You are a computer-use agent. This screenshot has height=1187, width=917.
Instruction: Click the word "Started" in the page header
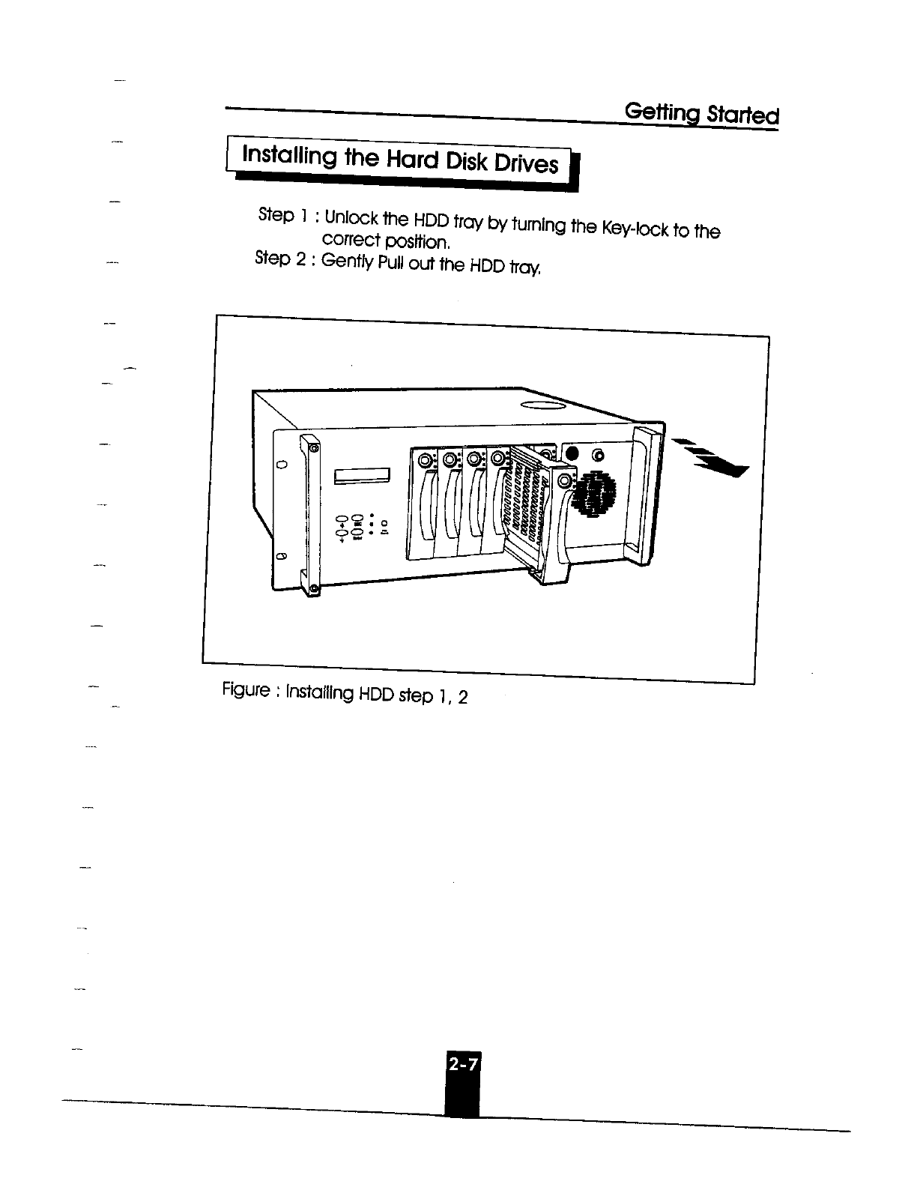click(739, 115)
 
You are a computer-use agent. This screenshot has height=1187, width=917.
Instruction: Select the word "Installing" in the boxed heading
click(288, 156)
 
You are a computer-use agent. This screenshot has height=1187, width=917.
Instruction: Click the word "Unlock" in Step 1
click(351, 218)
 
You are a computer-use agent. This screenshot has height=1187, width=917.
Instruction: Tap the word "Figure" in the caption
click(245, 689)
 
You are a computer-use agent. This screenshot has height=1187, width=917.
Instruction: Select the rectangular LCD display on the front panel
click(363, 476)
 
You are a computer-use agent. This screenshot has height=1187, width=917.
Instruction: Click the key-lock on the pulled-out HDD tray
click(563, 479)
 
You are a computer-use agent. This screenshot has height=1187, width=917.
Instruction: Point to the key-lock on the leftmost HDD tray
click(426, 459)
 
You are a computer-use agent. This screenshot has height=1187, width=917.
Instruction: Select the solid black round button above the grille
click(572, 454)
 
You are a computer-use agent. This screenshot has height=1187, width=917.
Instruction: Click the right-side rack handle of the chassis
click(646, 495)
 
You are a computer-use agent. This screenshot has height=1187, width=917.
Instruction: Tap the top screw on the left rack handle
click(314, 448)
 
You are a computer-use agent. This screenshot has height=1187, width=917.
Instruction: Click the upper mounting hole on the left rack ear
click(282, 465)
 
